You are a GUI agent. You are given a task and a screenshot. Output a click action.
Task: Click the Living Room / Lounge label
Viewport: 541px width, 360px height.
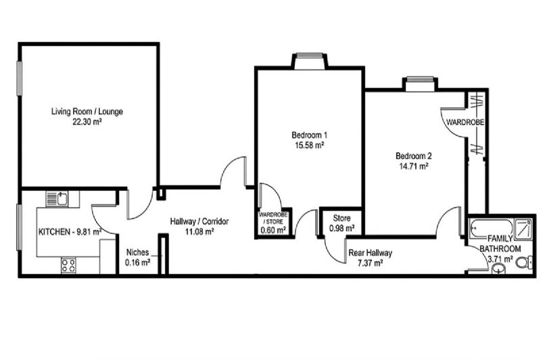coord(87,112)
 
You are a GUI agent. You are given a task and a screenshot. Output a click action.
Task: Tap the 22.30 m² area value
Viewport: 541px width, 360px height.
coord(87,122)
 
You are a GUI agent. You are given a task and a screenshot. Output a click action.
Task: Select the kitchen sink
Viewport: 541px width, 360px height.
coord(62,199)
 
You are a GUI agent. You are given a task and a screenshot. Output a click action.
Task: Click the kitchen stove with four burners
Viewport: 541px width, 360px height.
coord(68,265)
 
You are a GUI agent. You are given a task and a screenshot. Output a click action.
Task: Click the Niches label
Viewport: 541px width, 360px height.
coord(137,252)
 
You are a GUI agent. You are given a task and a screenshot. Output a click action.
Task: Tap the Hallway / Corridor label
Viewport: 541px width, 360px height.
coord(199,221)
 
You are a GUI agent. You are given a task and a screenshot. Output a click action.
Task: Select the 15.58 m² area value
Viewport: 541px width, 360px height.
coord(309,145)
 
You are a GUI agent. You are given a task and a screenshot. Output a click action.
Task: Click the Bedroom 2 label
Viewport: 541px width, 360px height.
coord(414,156)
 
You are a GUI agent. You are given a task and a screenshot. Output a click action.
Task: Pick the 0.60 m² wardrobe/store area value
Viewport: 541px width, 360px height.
coord(273,230)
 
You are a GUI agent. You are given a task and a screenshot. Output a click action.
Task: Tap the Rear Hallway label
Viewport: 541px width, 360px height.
coord(370,253)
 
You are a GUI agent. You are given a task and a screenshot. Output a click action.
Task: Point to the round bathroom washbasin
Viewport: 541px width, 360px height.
coord(497,269)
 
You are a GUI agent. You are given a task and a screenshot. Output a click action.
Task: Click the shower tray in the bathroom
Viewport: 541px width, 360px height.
coord(523,229)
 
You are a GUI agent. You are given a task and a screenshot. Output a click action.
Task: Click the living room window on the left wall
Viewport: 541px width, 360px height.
coord(20,78)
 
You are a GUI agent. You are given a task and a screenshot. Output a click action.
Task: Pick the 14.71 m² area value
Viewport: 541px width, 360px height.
coord(414,166)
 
